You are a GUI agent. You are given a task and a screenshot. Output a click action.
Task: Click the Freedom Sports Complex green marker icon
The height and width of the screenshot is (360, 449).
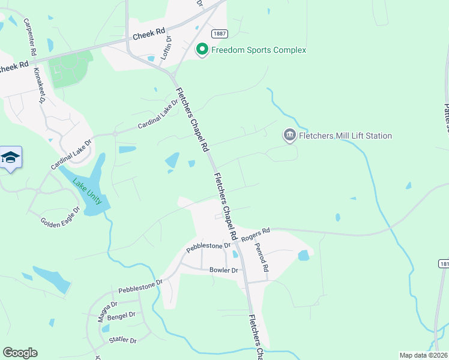coord(202,50)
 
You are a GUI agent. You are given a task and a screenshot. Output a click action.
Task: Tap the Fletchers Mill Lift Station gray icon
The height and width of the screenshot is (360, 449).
coord(290,136)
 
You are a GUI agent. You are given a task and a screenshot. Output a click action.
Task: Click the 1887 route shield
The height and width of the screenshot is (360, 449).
coord(219,35)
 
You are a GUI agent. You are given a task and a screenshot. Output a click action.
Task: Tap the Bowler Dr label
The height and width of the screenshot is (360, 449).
coord(224,270)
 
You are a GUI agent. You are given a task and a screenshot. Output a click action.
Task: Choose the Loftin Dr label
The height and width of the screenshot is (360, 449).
coord(167,46)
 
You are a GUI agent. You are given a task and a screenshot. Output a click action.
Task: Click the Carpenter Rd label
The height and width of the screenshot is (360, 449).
coord(29,38)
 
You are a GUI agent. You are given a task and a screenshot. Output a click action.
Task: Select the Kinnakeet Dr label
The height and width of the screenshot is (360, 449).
coord(40,86)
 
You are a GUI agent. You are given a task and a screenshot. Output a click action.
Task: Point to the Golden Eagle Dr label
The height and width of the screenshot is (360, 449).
coord(60,216)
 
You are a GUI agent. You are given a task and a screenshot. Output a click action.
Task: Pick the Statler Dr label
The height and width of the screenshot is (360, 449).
coord(123,340)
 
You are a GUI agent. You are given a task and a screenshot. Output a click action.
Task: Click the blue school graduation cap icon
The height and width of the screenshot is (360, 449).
coord(10,158)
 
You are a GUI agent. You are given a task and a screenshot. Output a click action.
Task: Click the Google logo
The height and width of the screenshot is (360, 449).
coord(20,353)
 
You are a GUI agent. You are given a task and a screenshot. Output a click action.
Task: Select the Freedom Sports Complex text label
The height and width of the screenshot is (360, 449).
coord(259,50)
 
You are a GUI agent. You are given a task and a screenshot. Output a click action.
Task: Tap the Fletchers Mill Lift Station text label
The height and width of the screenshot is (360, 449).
coord(346,136)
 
